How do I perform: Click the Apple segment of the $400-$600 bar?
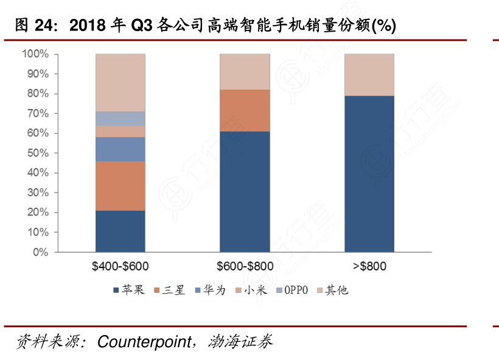120,231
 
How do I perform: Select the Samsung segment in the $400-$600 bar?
120,186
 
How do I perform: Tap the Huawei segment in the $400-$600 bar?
120,149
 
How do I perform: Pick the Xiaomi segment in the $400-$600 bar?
120,132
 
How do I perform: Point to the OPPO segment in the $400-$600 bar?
120,119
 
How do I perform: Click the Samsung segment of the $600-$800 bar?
245,110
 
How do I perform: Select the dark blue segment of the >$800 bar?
369,174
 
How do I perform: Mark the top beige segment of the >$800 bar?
369,74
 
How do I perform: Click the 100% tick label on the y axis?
35,54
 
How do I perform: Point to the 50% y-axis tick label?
38,153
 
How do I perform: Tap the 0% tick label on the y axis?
40,252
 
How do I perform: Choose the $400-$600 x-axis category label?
120,266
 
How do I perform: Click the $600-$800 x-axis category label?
245,266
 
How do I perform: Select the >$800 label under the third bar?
369,266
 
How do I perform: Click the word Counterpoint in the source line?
144,341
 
